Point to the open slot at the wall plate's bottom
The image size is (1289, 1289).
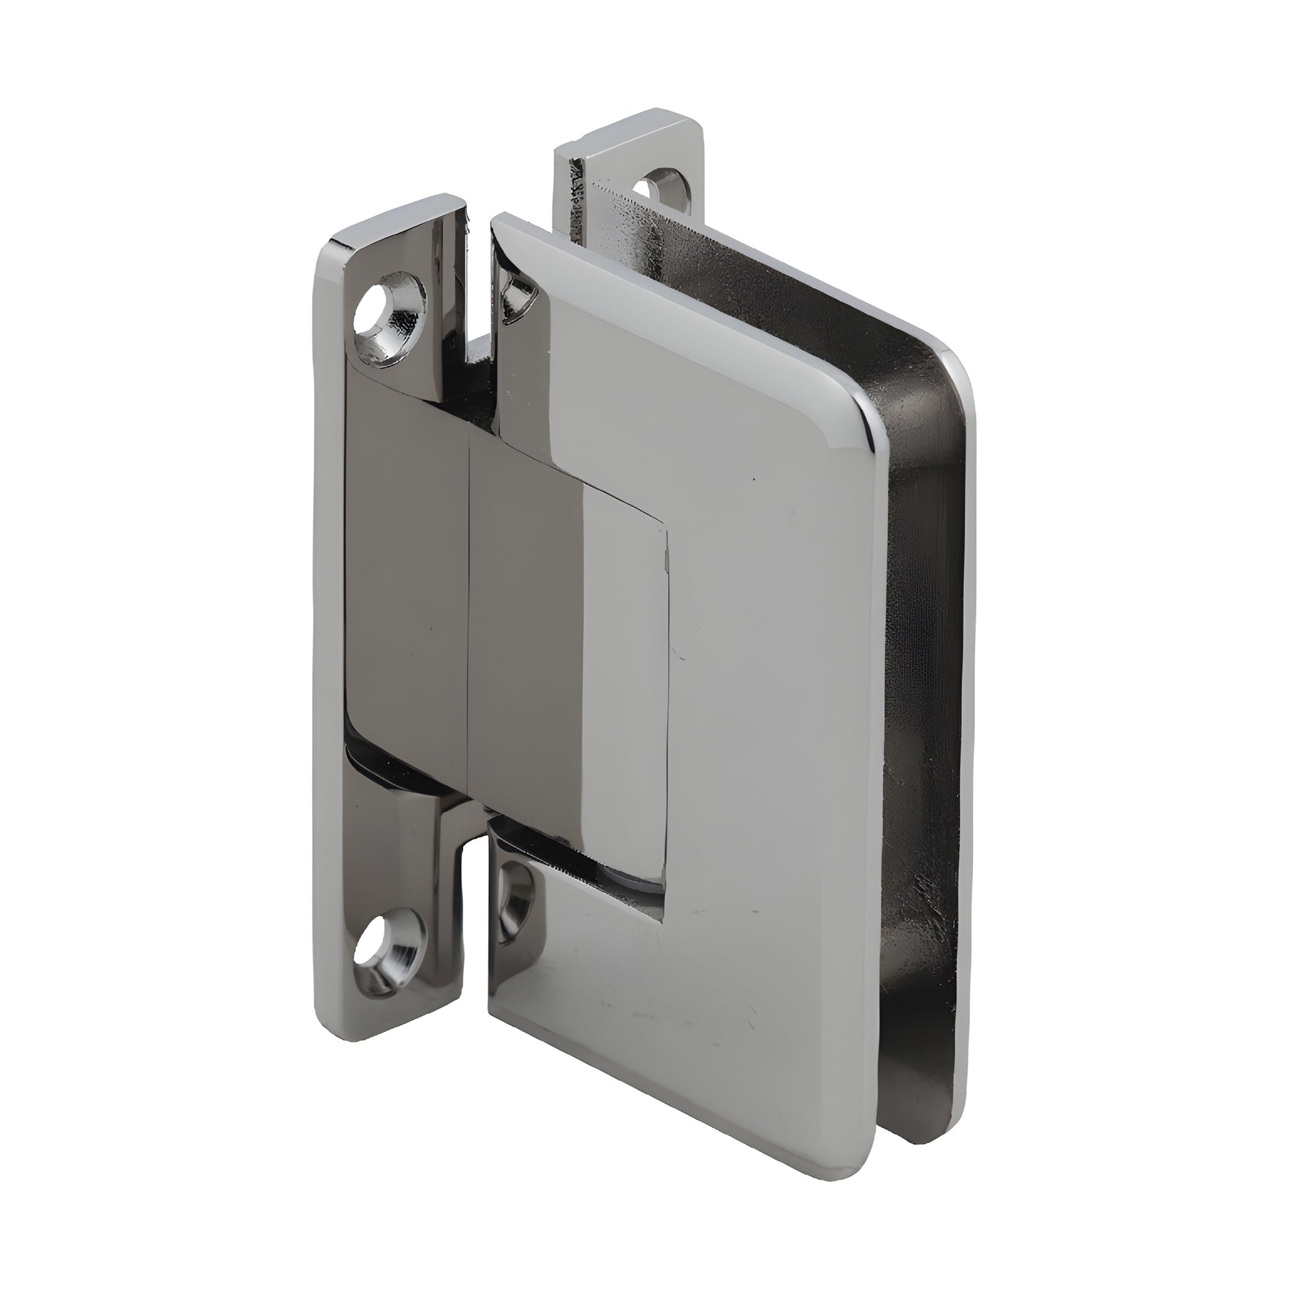(475, 921)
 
